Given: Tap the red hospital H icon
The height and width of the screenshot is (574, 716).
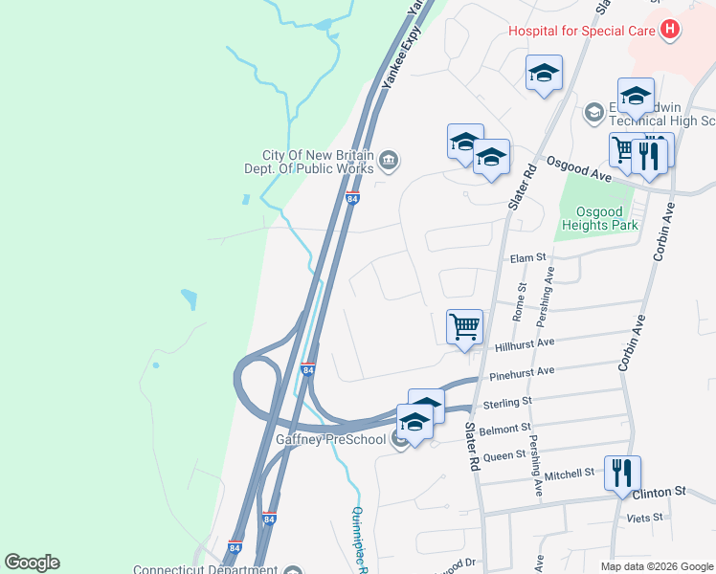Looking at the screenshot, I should pyautogui.click(x=670, y=30).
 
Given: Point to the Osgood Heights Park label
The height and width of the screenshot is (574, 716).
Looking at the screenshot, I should pyautogui.click(x=606, y=218).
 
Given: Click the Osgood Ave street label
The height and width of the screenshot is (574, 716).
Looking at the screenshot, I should pyautogui.click(x=578, y=165).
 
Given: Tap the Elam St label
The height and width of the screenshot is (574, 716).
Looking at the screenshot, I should pyautogui.click(x=526, y=257).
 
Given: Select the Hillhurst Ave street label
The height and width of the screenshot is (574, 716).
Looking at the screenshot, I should pyautogui.click(x=526, y=342).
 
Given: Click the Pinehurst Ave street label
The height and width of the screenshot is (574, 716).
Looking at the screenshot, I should pyautogui.click(x=522, y=371).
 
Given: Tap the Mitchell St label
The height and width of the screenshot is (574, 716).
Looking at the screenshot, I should pyautogui.click(x=570, y=474).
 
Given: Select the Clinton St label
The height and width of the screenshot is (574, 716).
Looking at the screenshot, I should pyautogui.click(x=666, y=491).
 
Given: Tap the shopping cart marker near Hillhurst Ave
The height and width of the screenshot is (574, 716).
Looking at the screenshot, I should pyautogui.click(x=464, y=326).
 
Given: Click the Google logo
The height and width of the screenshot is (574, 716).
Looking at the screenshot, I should pyautogui.click(x=32, y=563).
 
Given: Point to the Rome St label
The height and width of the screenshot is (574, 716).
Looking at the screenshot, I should pyautogui.click(x=521, y=300).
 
